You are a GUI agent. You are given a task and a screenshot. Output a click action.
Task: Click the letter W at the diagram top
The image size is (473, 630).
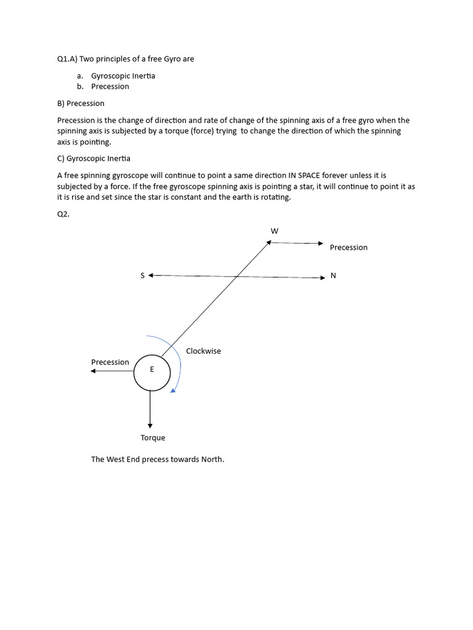(x=275, y=231)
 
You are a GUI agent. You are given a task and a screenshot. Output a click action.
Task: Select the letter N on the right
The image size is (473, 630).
(x=333, y=276)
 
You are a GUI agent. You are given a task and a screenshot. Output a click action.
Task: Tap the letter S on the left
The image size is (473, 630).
(x=142, y=276)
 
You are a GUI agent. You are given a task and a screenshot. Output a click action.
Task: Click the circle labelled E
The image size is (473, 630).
(x=152, y=373)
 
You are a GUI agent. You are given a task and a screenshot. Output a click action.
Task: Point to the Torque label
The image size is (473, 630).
(x=153, y=438)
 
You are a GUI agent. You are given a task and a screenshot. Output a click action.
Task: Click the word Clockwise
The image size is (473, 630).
(x=203, y=351)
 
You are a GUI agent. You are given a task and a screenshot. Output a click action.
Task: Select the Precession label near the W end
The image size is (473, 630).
(x=349, y=247)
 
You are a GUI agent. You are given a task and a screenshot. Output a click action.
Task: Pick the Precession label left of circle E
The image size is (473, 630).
(x=110, y=362)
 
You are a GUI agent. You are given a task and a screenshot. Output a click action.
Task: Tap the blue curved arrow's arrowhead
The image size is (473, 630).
(x=174, y=389)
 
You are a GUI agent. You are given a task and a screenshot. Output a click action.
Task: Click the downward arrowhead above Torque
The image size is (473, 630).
(x=150, y=425)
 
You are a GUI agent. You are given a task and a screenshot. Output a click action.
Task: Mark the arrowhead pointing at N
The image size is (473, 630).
(x=321, y=277)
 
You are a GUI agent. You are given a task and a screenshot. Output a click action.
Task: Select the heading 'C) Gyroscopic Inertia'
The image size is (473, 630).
(x=94, y=159)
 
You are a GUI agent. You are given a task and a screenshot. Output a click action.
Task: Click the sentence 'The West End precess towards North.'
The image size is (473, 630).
(x=158, y=460)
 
